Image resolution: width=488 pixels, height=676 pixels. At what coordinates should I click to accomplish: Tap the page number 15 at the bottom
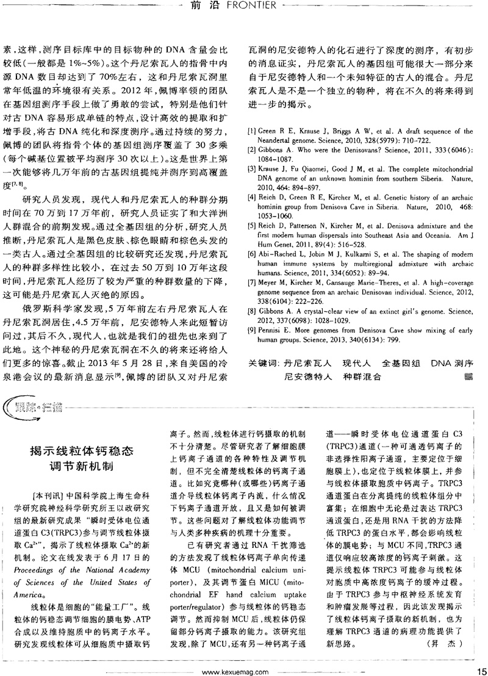tap(479, 668)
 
